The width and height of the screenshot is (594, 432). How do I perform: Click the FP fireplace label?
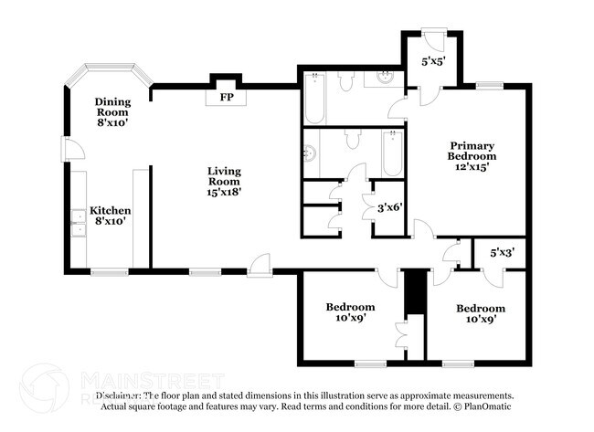[x=224, y=97]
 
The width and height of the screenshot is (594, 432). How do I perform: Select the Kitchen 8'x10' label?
[x=110, y=216]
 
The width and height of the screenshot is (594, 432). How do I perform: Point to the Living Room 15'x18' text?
[x=224, y=179]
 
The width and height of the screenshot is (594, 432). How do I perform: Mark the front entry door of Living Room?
[x=260, y=266]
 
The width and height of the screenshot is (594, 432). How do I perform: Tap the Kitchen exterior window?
[x=109, y=271]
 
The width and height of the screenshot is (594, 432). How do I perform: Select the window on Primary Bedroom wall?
[x=489, y=86]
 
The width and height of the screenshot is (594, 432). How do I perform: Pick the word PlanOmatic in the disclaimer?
[x=485, y=406]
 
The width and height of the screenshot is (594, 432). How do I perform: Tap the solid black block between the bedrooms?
[x=416, y=291]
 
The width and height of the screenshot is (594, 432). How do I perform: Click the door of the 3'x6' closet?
[x=370, y=194]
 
